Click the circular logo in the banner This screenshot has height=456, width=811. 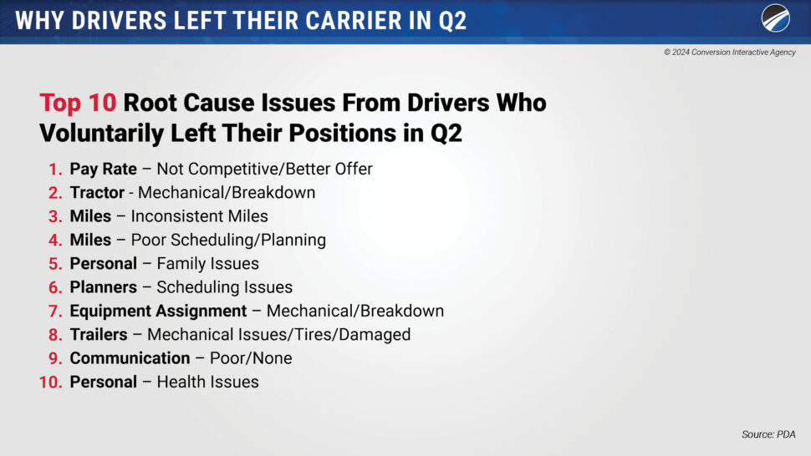775,18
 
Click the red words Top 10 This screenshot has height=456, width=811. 78,102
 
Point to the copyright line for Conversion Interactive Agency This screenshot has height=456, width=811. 730,52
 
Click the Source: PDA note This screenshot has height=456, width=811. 768,434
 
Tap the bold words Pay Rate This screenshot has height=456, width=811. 104,169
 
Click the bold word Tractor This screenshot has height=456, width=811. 97,193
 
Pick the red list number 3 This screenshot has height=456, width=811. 55,216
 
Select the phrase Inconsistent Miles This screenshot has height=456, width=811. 199,215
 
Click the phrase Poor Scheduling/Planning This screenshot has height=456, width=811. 228,241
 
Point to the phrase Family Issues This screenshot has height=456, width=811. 207,263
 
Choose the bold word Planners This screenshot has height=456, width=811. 104,287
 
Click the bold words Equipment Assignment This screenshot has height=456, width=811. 158,311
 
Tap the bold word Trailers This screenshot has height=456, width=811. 99,335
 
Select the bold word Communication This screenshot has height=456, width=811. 130,358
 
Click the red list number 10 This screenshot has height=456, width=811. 51,383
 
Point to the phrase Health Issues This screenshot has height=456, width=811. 207,383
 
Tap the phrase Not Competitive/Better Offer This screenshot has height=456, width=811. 264,169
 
